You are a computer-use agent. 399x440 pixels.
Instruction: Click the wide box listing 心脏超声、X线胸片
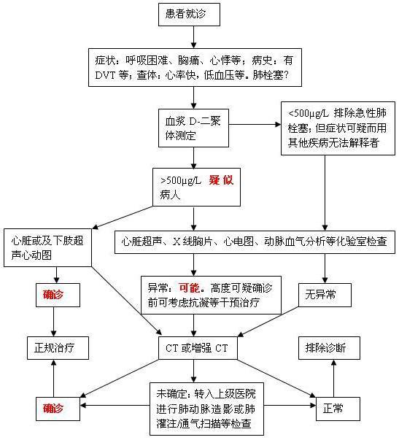[x=255, y=239]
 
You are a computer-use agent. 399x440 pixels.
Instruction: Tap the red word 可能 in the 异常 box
[x=190, y=287]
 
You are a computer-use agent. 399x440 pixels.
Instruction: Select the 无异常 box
[x=325, y=294]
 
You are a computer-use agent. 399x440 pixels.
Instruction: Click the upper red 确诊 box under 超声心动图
[x=53, y=295]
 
